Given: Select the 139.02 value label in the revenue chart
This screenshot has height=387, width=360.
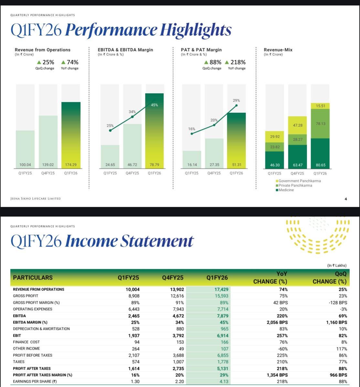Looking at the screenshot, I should (48, 165).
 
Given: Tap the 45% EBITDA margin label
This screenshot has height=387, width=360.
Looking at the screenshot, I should (154, 105).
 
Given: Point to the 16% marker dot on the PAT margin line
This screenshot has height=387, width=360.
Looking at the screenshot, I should (192, 134).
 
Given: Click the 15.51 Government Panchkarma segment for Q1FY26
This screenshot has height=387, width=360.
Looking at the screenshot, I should (320, 106).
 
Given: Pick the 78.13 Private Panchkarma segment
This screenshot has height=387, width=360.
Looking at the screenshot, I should (320, 124).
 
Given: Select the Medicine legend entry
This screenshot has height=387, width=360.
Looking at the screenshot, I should (285, 190).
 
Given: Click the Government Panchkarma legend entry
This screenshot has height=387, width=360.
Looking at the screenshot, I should (298, 181).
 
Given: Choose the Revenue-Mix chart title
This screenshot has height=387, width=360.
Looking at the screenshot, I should (278, 50).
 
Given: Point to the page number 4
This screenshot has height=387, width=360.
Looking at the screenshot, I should (345, 199).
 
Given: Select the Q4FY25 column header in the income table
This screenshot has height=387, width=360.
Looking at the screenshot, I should (173, 278).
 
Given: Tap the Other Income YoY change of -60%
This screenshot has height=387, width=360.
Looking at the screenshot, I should (282, 349).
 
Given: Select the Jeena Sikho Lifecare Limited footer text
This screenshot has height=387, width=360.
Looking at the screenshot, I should (36, 199).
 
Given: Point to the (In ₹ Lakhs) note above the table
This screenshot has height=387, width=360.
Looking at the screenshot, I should (337, 265).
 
